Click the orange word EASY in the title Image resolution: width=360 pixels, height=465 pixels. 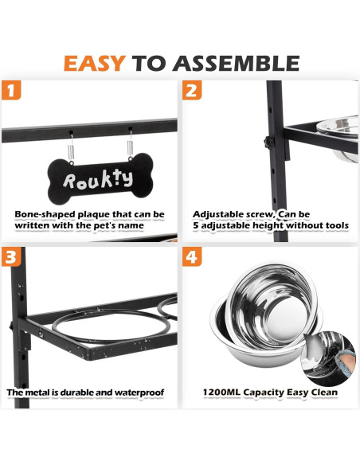pos(95,64)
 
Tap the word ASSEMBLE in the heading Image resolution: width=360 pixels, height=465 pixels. pos(236,64)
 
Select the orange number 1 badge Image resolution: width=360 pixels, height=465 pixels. pos(11,90)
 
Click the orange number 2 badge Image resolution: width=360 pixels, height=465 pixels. pos(192,90)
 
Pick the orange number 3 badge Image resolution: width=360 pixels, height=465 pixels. pos(11,257)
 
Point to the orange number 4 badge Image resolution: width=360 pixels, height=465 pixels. pos(192,257)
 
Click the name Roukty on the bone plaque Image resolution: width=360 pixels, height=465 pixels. pos(98,179)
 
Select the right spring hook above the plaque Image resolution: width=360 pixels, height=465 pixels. pos(130,144)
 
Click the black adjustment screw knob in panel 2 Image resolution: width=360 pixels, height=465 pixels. pos(269,143)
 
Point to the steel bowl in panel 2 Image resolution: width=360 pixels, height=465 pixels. pos(338,138)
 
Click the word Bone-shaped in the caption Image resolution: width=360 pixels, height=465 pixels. pos(44,214)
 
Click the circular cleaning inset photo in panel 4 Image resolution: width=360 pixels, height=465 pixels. pos(328,354)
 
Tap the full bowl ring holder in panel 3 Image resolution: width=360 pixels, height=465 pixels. pos(112,326)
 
